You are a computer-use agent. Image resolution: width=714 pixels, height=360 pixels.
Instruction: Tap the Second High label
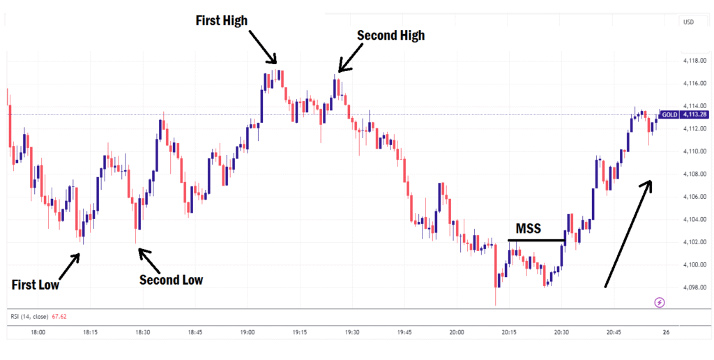click(390, 34)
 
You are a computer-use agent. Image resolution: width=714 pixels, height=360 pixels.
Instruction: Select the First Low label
click(36, 285)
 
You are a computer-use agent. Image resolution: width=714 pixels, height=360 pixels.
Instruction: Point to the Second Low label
click(171, 280)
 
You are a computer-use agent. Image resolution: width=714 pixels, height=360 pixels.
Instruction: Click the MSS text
click(528, 229)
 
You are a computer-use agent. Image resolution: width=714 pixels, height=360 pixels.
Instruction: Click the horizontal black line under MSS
click(536, 241)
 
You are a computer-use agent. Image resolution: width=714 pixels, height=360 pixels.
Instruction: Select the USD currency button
click(689, 22)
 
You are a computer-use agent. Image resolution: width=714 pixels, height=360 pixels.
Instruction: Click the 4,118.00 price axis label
click(693, 61)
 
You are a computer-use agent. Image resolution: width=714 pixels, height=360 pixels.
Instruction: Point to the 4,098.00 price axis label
click(693, 287)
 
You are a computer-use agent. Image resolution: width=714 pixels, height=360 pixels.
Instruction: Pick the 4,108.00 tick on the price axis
click(693, 174)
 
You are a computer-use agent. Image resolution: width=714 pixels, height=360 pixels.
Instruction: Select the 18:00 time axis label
click(38, 333)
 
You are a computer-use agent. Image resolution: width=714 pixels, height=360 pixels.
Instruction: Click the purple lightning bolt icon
click(660, 302)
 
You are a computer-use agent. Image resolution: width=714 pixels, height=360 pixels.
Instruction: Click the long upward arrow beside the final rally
click(628, 234)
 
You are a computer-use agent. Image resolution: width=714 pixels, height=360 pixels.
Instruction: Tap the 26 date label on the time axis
click(666, 333)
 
